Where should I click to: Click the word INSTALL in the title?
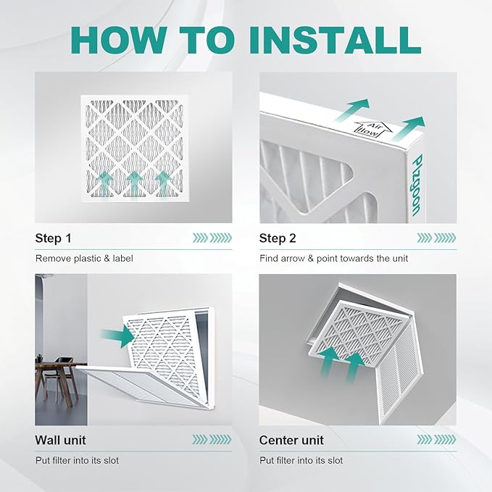point(335,40)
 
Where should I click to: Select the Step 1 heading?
point(54,238)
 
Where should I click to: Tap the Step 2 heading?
point(278,238)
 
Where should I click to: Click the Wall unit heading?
point(60,440)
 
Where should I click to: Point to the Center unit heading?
point(291,440)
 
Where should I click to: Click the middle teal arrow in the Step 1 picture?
point(134,185)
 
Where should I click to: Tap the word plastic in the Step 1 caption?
point(88,259)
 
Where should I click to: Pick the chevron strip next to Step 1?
point(212,238)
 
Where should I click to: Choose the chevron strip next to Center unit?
point(436,440)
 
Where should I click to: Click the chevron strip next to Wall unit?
point(212,440)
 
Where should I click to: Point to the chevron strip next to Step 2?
point(436,238)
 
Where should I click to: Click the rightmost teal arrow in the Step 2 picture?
point(409,128)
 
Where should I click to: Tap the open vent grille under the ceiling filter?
point(399,373)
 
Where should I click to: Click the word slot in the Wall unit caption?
point(111,460)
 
